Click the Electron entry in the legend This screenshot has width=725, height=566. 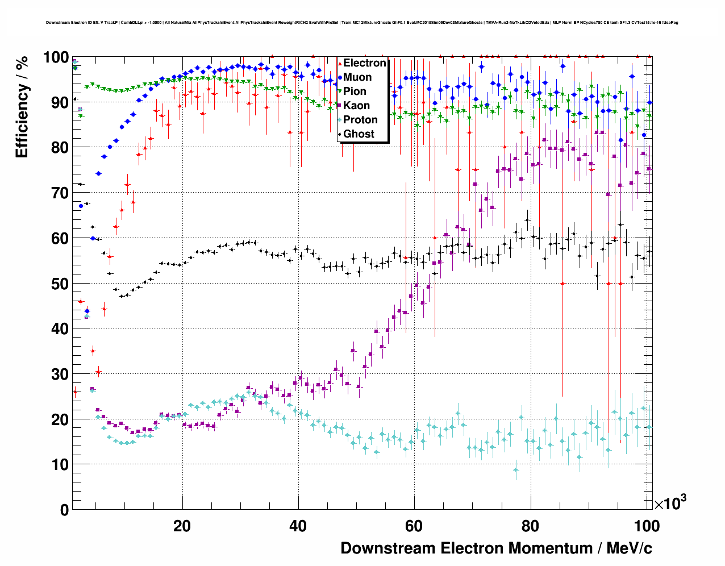click(365, 63)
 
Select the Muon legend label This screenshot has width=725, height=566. click(357, 77)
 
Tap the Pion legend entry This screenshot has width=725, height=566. click(355, 91)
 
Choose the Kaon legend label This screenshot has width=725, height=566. click(356, 106)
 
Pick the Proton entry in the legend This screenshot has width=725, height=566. click(360, 120)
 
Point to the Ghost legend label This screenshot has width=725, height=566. click(359, 134)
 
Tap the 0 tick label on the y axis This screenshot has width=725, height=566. click(63, 510)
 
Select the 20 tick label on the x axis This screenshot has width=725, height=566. click(182, 526)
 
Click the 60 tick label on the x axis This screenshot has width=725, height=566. click(414, 526)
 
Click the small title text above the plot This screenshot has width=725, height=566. click(362, 23)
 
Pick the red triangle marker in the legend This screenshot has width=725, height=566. click(340, 63)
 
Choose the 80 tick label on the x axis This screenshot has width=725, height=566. click(530, 526)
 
